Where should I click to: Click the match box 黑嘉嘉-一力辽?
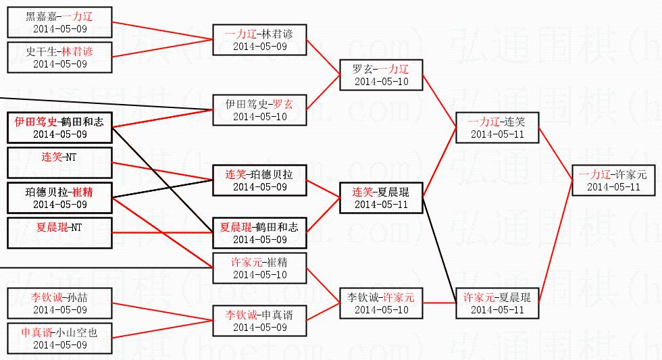pos(59,22)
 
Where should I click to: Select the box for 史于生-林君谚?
pos(59,57)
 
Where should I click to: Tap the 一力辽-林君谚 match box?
pos(259,40)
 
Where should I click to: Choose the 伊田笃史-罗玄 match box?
pos(259,110)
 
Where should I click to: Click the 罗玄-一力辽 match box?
pos(381,75)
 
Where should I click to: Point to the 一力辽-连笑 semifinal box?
pos(497,128)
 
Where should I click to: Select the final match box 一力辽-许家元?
pos(613,180)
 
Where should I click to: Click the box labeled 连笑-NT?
pos(59,163)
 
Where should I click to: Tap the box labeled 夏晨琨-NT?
pos(59,233)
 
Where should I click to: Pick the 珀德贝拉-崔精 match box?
pos(59,198)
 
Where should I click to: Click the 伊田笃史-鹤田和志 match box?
pos(59,128)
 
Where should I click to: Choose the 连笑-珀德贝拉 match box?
pos(259,180)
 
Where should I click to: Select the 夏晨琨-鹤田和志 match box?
pos(259,233)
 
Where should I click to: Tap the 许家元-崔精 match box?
pos(259,268)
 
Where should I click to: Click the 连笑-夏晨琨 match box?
pos(381,198)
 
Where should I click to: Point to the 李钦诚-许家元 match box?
pos(381,303)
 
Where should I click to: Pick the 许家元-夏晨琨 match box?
pos(497,303)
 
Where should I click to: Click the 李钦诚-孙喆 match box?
pos(59,303)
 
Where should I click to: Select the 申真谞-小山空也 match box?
pos(59,338)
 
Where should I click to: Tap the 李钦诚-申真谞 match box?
pos(259,321)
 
